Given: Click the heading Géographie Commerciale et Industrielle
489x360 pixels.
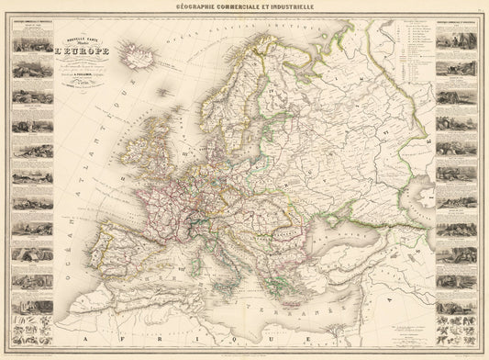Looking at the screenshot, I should click(x=244, y=7).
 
